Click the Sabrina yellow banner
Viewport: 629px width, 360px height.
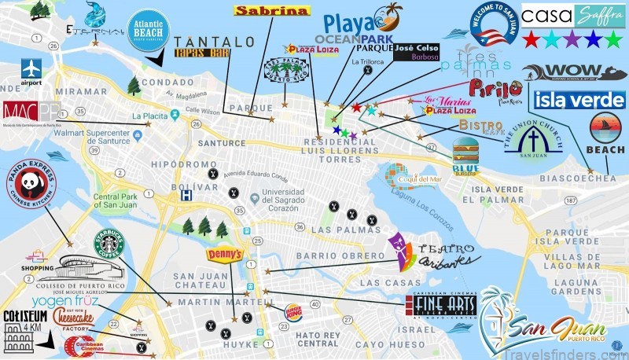[x=272, y=11]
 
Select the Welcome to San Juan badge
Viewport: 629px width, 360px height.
[x=494, y=27]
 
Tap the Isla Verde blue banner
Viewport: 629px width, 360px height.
[x=579, y=100]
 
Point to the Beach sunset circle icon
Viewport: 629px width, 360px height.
[x=606, y=130]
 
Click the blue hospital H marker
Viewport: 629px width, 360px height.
[x=186, y=195]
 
